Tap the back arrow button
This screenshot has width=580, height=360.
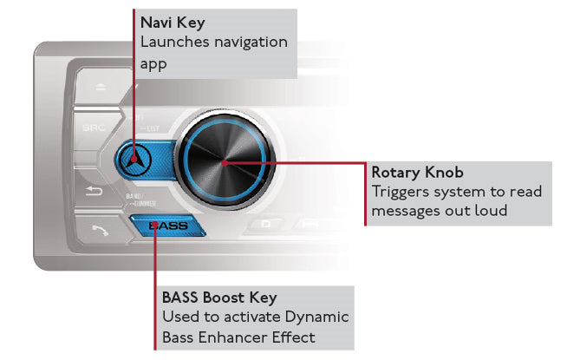pyautogui.click(x=93, y=192)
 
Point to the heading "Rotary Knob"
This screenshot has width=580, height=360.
pyautogui.click(x=417, y=173)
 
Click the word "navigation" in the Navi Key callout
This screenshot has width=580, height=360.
pyautogui.click(x=251, y=42)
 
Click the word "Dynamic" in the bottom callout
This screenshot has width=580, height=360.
pyautogui.click(x=316, y=317)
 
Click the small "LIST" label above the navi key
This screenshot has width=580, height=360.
pyautogui.click(x=153, y=128)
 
